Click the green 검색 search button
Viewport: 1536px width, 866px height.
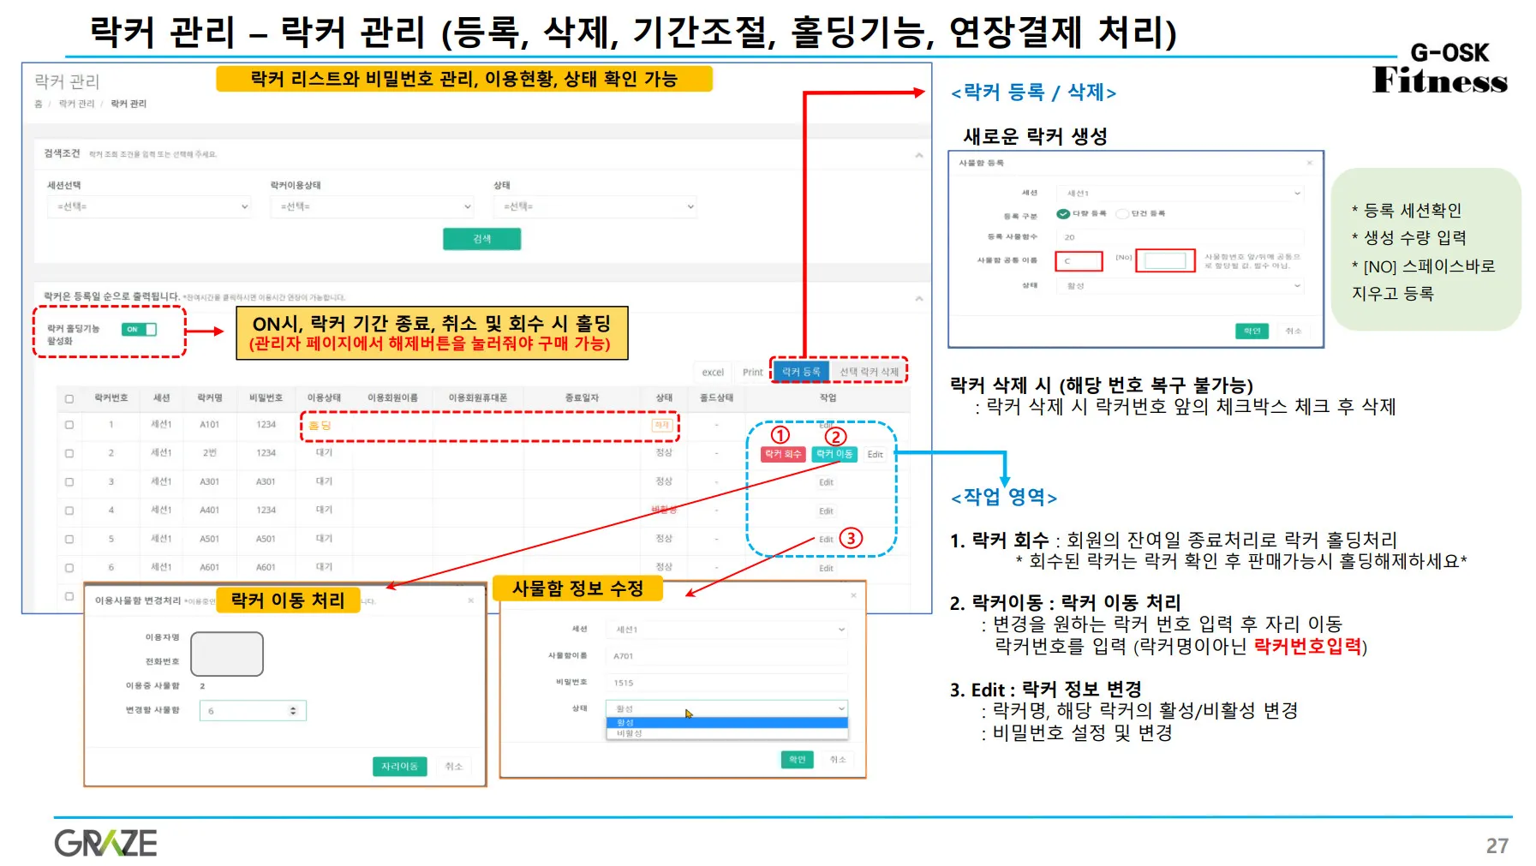481,239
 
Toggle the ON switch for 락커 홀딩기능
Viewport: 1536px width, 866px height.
140,329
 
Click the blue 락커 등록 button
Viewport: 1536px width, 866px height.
800,371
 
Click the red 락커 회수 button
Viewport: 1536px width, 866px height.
783,454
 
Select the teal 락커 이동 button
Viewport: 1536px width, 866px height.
834,454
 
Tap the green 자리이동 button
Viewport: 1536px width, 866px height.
399,766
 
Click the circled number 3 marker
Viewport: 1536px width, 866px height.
850,538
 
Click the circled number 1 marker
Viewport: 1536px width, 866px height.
780,434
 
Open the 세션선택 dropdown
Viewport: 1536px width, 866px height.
149,206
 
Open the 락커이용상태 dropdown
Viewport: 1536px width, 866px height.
372,206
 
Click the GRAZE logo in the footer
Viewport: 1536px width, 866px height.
105,843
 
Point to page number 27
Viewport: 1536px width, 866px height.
1497,846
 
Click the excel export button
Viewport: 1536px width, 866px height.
713,372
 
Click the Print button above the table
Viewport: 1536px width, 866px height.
752,372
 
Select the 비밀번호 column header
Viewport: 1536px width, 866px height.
266,397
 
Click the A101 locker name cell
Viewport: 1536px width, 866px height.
209,424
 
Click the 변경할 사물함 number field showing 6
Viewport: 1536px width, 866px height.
252,711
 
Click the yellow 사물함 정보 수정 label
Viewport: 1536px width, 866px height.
577,588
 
